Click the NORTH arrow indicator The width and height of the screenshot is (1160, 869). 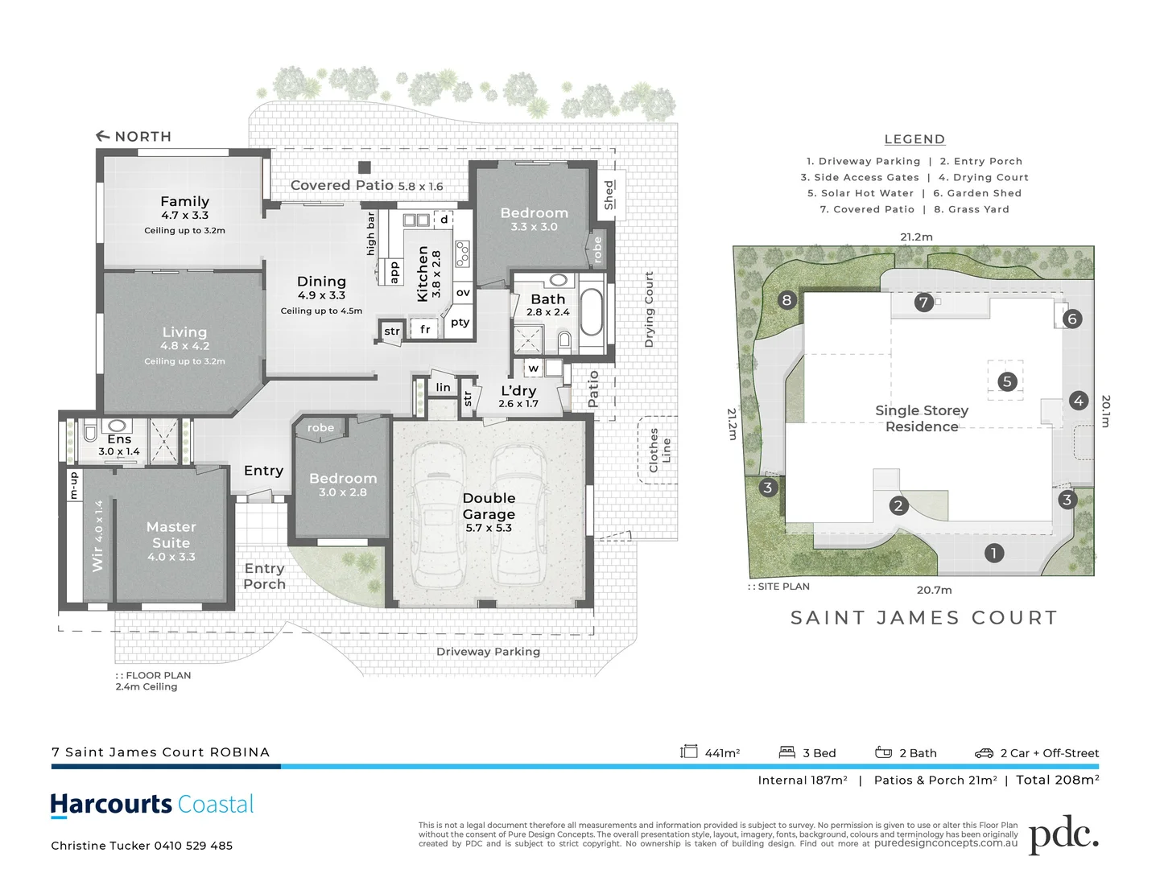(103, 136)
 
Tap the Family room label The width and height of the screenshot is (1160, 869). (184, 202)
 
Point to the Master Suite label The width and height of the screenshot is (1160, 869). (171, 535)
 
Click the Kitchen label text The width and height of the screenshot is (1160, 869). (423, 274)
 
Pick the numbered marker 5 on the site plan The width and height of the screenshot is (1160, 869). (1006, 381)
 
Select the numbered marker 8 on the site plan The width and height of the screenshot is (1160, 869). (786, 300)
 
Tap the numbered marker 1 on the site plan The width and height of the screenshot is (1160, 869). (993, 553)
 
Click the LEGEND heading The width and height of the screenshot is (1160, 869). (914, 139)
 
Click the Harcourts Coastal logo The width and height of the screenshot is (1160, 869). (152, 805)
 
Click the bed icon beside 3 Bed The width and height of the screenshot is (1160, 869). (786, 752)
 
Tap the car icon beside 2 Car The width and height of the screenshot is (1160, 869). (984, 753)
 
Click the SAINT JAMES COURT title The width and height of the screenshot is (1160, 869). (924, 618)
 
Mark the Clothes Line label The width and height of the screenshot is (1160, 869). (659, 450)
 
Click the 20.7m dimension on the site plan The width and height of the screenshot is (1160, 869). (934, 590)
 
